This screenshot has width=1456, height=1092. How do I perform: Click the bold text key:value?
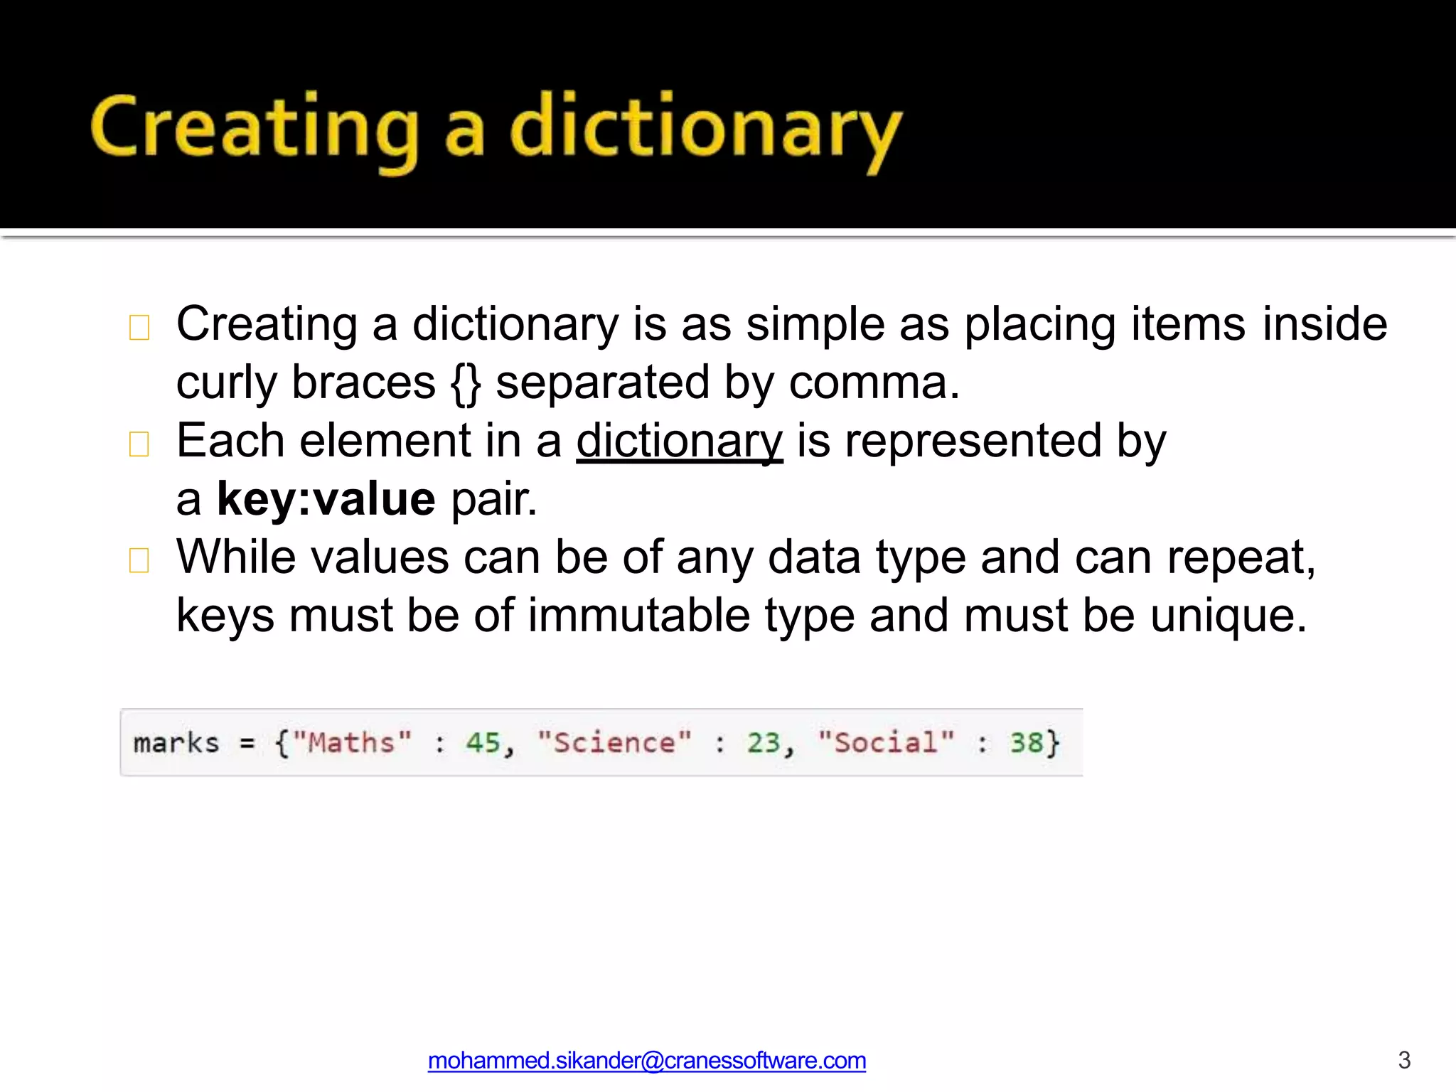326,499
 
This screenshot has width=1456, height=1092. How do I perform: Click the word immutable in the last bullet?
638,616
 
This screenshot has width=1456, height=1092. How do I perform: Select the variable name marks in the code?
176,743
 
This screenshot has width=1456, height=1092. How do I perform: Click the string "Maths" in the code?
352,743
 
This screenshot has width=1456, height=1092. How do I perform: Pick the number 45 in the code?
483,743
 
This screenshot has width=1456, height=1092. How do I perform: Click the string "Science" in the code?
614,743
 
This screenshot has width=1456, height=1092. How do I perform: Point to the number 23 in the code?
764,743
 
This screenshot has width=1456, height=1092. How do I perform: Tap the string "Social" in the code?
886,743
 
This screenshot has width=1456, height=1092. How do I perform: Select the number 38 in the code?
1026,743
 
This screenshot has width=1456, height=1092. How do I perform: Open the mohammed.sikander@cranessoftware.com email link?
646,1061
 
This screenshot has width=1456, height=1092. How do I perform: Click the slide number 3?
1404,1060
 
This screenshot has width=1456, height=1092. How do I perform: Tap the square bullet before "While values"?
139,560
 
